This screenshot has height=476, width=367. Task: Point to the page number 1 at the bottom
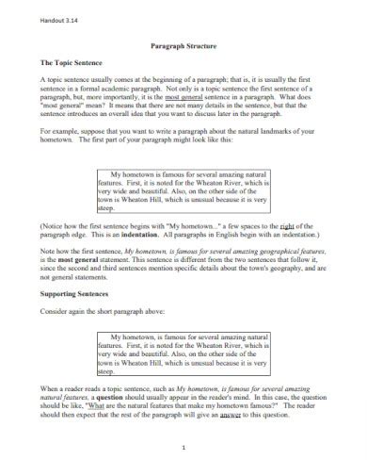[183, 450]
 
